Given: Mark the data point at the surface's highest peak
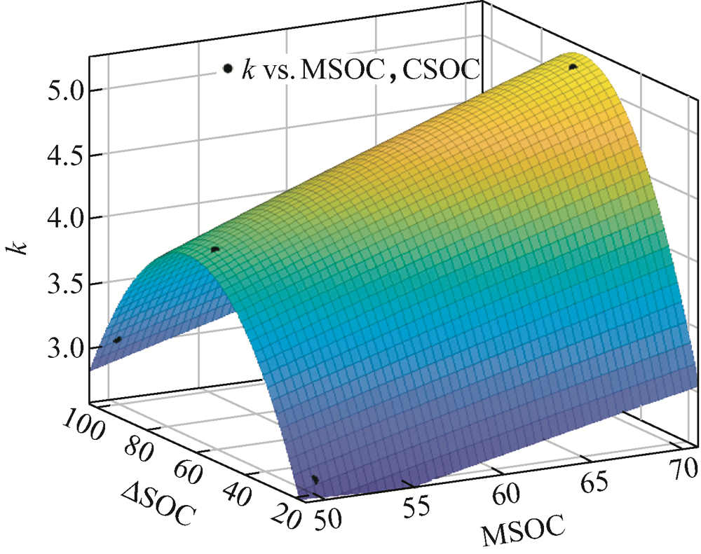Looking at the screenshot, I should point(573,67).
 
